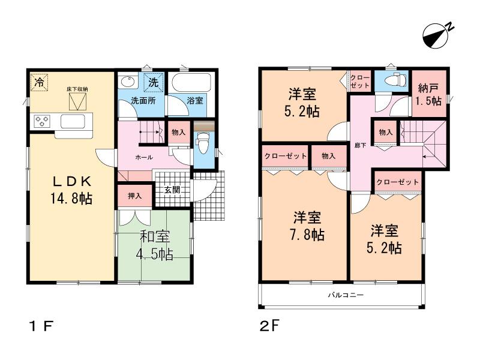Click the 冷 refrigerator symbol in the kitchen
click(x=39, y=83)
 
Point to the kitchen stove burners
click(x=42, y=122)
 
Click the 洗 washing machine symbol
click(x=153, y=81)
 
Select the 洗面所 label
click(x=143, y=101)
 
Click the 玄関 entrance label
click(x=172, y=190)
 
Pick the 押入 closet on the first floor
click(x=134, y=196)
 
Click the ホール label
click(x=143, y=157)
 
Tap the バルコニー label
click(x=346, y=295)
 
